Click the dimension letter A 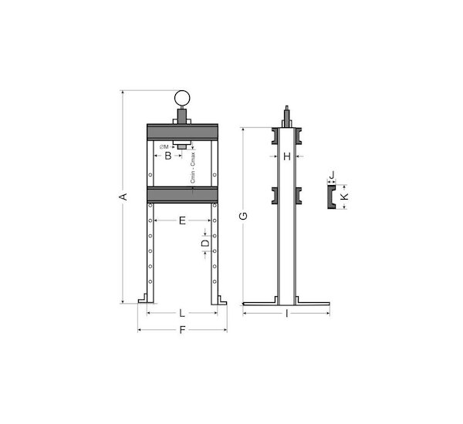(124, 197)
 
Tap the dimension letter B (168, 156)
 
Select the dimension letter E (182, 220)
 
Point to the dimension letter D (205, 243)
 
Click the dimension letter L (182, 313)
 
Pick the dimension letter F (182, 330)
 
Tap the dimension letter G (243, 216)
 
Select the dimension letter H (287, 156)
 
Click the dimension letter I (287, 313)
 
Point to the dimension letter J (332, 174)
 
